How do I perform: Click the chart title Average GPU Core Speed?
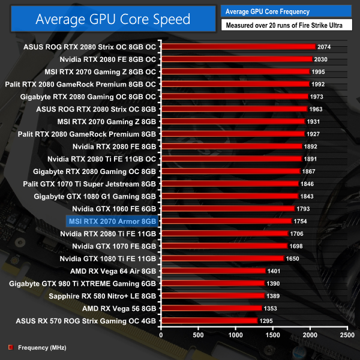(113, 19)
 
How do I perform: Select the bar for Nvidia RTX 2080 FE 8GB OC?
(236, 59)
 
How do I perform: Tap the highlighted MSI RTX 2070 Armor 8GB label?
(113, 221)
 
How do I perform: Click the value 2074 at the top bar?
(325, 47)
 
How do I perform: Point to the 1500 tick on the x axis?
(272, 333)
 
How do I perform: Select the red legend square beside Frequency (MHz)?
(10, 347)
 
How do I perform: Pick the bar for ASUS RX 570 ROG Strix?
(209, 321)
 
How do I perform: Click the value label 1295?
(266, 321)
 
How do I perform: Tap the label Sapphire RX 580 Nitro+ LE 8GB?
(103, 296)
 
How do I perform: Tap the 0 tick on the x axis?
(161, 333)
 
